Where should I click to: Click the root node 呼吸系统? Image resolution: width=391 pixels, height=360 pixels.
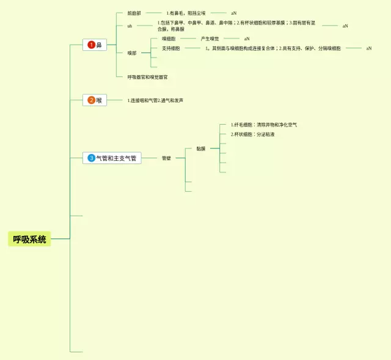(x=29, y=239)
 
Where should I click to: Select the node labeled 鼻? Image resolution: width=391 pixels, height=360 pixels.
(x=99, y=45)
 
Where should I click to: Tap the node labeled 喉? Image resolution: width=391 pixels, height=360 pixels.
(x=99, y=100)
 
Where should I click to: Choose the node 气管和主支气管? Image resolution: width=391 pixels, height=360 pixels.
(x=116, y=158)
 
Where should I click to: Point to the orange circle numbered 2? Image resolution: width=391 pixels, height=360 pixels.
(x=92, y=100)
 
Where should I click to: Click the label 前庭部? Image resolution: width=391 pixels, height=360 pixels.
(x=134, y=13)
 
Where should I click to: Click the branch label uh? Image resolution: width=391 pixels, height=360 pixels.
(x=130, y=26)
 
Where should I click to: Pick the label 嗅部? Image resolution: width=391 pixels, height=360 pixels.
(x=132, y=53)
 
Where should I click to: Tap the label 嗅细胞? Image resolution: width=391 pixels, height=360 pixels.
(x=169, y=39)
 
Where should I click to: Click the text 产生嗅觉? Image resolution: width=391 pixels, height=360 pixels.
(x=210, y=39)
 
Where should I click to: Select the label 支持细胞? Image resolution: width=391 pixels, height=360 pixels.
(x=171, y=48)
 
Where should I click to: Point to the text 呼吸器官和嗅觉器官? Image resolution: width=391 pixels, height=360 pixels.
(x=148, y=77)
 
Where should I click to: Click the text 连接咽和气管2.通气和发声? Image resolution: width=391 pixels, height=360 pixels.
(x=155, y=100)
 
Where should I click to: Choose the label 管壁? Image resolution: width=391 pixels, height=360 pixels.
(x=166, y=158)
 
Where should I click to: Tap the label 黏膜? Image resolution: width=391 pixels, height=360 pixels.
(x=201, y=148)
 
